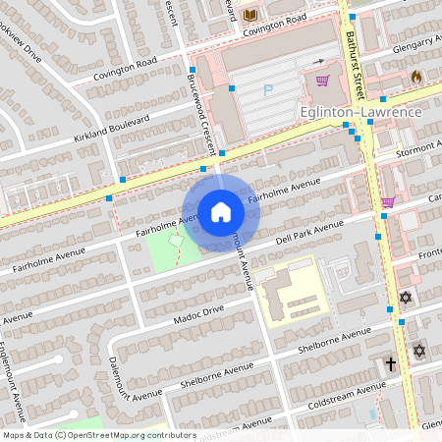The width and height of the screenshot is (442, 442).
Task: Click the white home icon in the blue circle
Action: pyautogui.click(x=221, y=211)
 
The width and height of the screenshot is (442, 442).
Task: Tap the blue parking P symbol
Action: pyautogui.click(x=267, y=90)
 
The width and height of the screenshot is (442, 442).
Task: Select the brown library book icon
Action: pyautogui.click(x=249, y=15)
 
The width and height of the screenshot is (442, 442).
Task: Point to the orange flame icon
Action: pyautogui.click(x=416, y=76)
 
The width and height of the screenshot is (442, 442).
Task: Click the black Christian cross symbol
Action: pyautogui.click(x=390, y=364)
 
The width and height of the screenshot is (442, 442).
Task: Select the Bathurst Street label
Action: pyautogui.click(x=354, y=59)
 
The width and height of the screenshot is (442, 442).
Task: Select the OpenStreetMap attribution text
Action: pyautogui.click(x=98, y=435)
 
